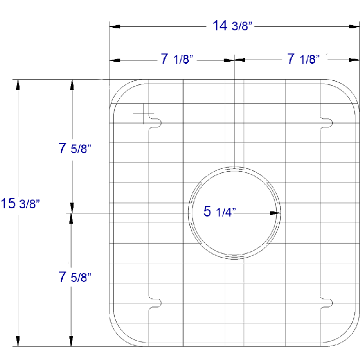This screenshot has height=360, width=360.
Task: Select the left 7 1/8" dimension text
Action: (176, 60)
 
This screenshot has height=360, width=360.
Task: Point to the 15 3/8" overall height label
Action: (21, 204)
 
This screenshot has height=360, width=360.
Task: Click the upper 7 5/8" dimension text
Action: (75, 149)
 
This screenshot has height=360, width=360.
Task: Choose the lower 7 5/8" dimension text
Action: (75, 277)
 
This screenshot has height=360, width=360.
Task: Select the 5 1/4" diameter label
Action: (220, 211)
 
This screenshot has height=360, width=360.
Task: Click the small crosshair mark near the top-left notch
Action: (143, 114)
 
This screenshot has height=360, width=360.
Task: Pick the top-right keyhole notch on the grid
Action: (326, 122)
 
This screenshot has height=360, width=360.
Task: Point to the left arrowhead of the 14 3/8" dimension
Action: (115, 26)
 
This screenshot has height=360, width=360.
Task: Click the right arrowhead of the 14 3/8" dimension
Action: (354, 26)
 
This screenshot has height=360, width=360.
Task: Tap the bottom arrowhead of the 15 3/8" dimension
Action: (19, 341)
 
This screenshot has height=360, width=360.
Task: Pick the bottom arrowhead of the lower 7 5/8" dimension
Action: (72, 341)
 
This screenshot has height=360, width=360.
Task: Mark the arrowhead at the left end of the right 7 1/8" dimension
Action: (240, 60)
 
